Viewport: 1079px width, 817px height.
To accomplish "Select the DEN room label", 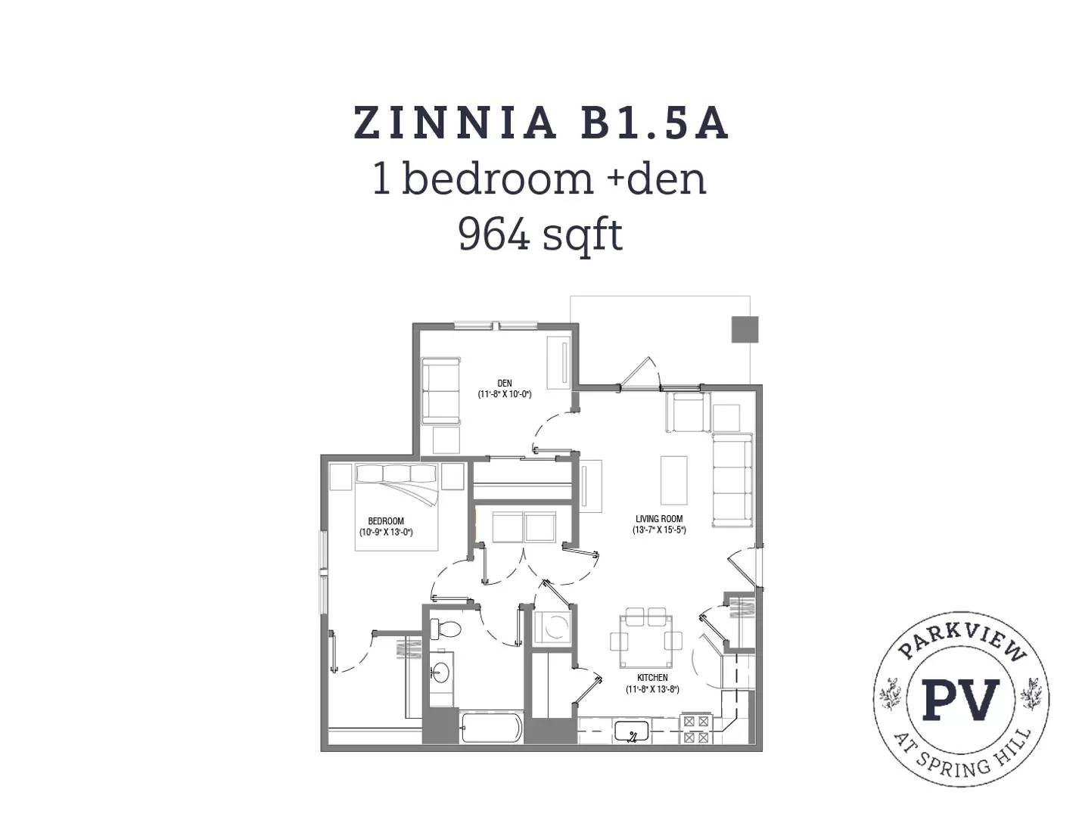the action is click(x=505, y=384).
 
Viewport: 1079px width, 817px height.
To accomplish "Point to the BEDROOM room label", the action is click(x=386, y=520).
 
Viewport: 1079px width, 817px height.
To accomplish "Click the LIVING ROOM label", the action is click(x=659, y=518).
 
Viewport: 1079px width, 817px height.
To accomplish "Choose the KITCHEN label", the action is click(x=652, y=678).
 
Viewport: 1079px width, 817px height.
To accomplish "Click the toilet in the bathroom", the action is click(x=446, y=629).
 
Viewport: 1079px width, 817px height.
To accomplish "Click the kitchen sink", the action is click(x=633, y=732).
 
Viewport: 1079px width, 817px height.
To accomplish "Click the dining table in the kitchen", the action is click(x=646, y=641).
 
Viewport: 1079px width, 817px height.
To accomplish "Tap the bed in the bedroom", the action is click(x=396, y=506).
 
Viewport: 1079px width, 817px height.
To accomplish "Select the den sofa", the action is click(x=441, y=390).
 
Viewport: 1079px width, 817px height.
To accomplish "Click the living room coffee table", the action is click(x=673, y=480).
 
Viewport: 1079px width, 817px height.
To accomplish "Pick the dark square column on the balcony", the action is click(x=745, y=329).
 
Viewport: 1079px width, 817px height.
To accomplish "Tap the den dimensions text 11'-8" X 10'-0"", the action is click(x=505, y=394).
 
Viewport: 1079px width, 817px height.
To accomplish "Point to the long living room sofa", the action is click(x=732, y=480).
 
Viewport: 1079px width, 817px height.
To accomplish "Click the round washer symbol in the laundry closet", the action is click(x=553, y=627).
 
